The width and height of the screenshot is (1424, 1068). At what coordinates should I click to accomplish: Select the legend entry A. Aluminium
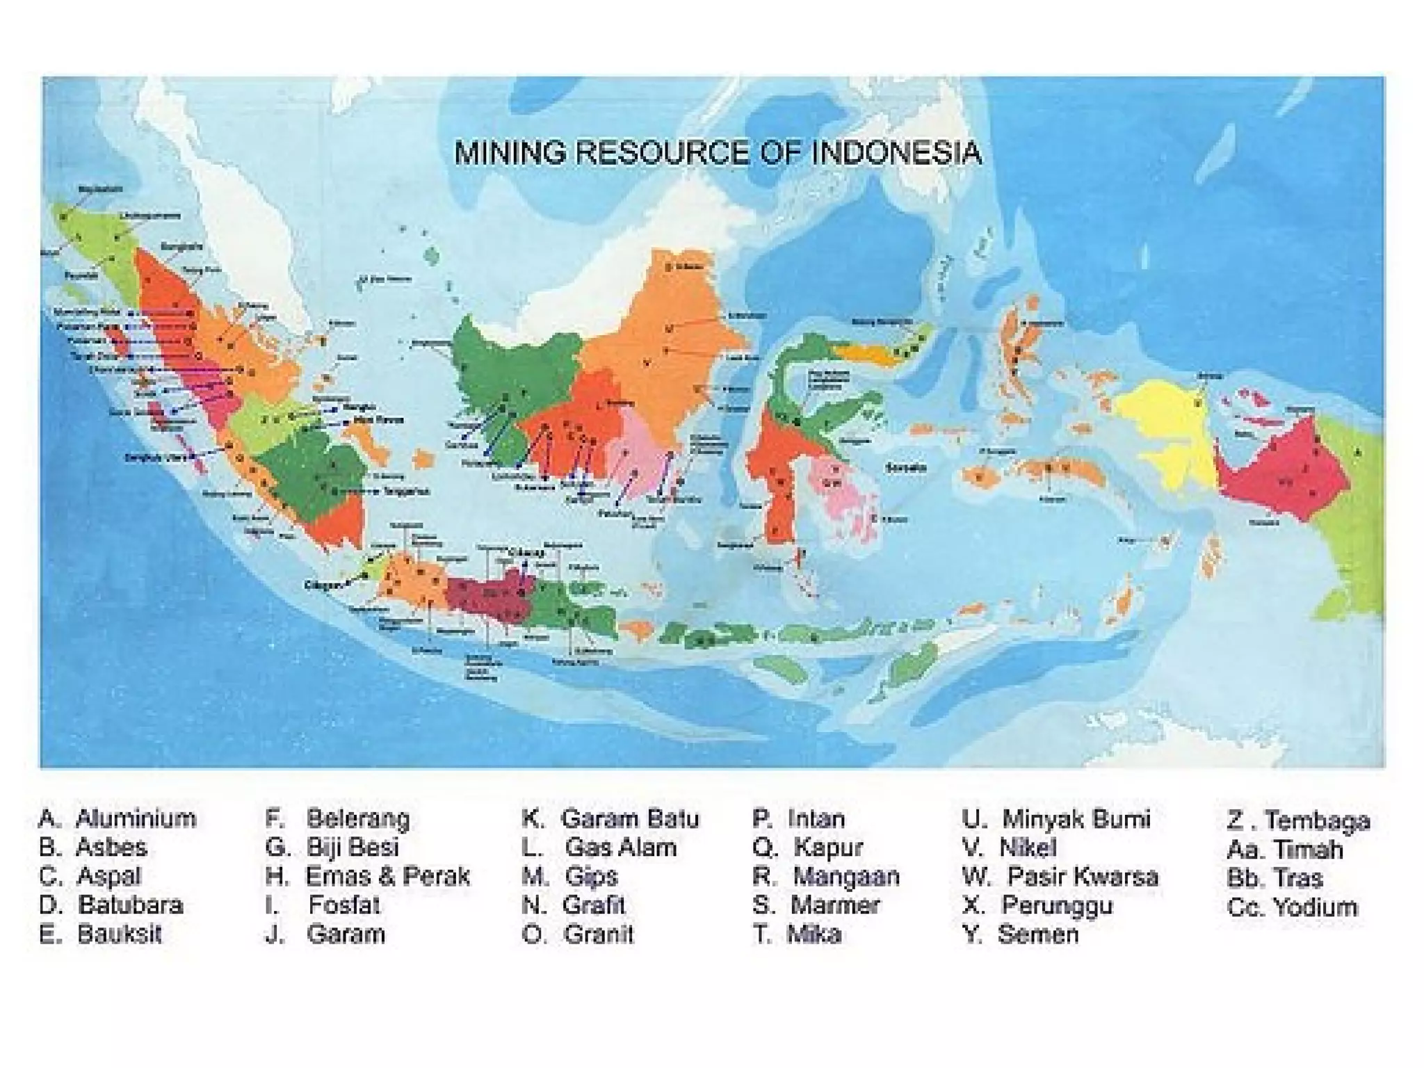tap(118, 818)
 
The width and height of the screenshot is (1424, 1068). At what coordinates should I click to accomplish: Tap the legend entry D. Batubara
tap(112, 905)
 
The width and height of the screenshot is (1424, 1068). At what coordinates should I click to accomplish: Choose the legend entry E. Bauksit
tap(101, 934)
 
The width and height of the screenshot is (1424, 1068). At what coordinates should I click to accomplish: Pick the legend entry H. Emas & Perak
tap(368, 876)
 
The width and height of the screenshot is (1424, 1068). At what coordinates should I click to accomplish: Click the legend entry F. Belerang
tap(338, 818)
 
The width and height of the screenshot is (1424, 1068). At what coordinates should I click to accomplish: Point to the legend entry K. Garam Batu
tap(610, 818)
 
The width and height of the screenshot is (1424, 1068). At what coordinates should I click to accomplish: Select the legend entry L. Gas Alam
tap(599, 848)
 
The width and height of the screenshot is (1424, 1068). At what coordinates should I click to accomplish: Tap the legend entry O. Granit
tap(578, 934)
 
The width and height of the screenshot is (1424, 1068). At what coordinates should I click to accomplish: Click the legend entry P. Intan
tap(799, 818)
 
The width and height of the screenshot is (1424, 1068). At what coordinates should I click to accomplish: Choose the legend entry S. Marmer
tap(816, 905)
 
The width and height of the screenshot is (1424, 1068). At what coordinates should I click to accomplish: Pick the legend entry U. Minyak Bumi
tap(1056, 818)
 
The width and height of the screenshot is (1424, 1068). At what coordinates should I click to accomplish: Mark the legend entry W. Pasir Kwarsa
tap(1060, 876)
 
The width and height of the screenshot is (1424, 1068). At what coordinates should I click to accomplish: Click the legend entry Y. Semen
tap(1021, 934)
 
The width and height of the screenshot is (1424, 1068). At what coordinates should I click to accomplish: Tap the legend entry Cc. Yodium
tap(1292, 907)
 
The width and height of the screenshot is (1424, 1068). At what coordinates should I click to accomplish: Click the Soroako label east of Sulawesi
tap(906, 468)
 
